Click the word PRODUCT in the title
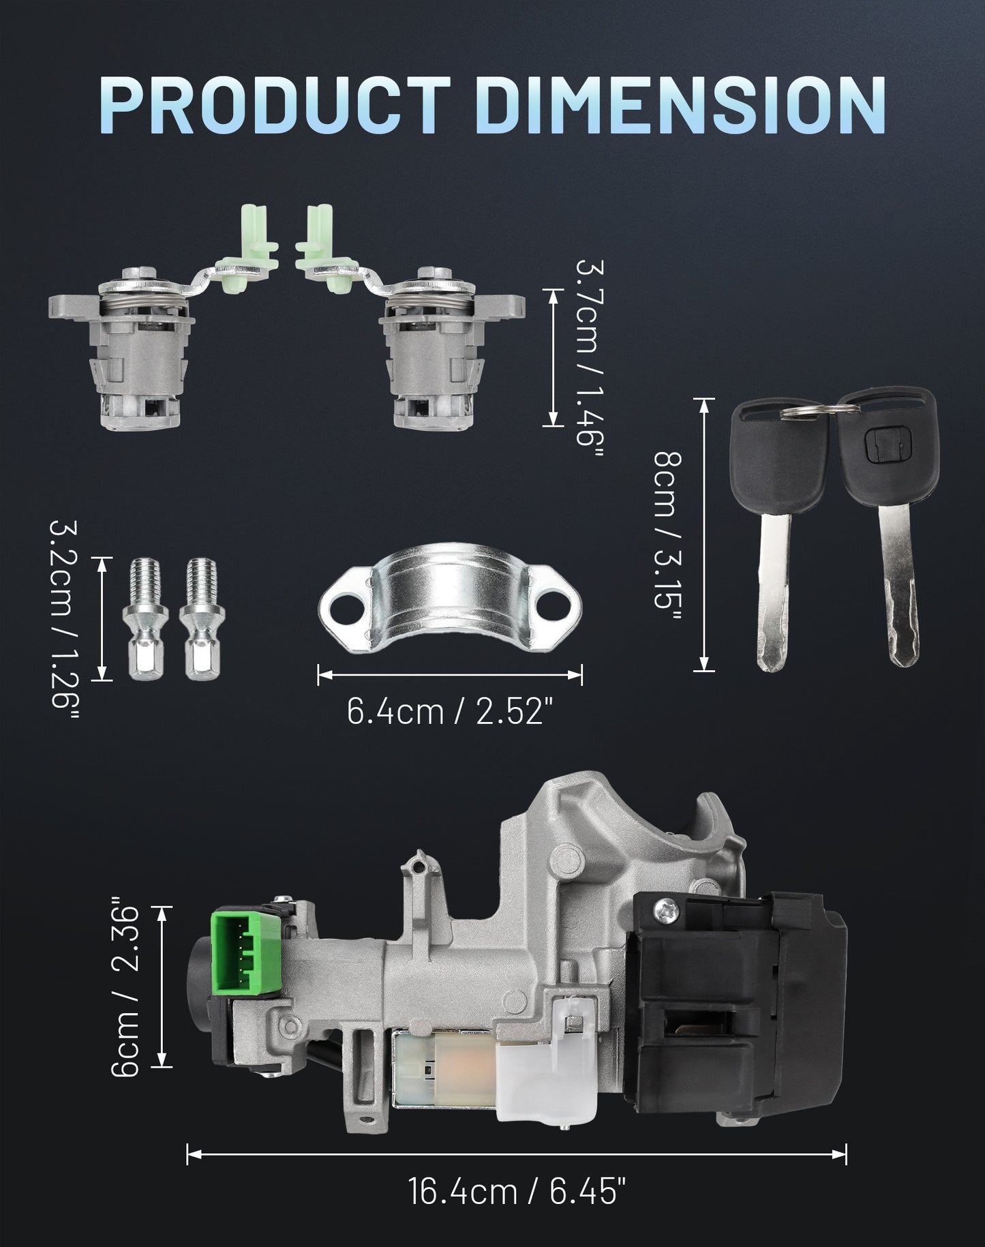[x=275, y=104]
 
